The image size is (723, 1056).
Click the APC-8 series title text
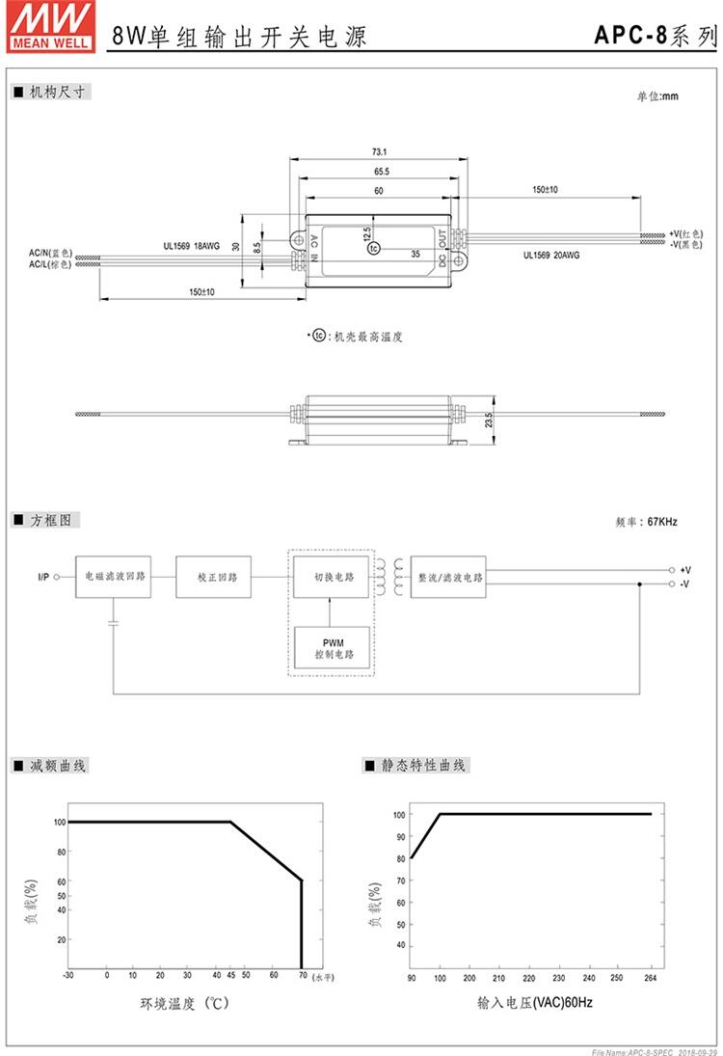click(x=655, y=37)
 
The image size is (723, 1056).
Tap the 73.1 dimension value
click(x=379, y=151)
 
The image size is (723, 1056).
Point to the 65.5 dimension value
click(x=379, y=171)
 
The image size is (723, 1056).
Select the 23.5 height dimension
click(x=489, y=420)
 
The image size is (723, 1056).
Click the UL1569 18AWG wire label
click(x=191, y=246)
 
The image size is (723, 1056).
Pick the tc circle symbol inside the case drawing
click(x=373, y=249)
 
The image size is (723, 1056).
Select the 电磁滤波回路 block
click(x=115, y=577)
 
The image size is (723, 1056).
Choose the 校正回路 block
click(x=217, y=577)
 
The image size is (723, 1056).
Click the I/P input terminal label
click(x=43, y=577)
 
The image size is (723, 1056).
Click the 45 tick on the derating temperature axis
click(x=230, y=975)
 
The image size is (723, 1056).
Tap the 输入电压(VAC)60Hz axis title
click(x=534, y=1003)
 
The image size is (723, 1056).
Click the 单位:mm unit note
click(x=657, y=96)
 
